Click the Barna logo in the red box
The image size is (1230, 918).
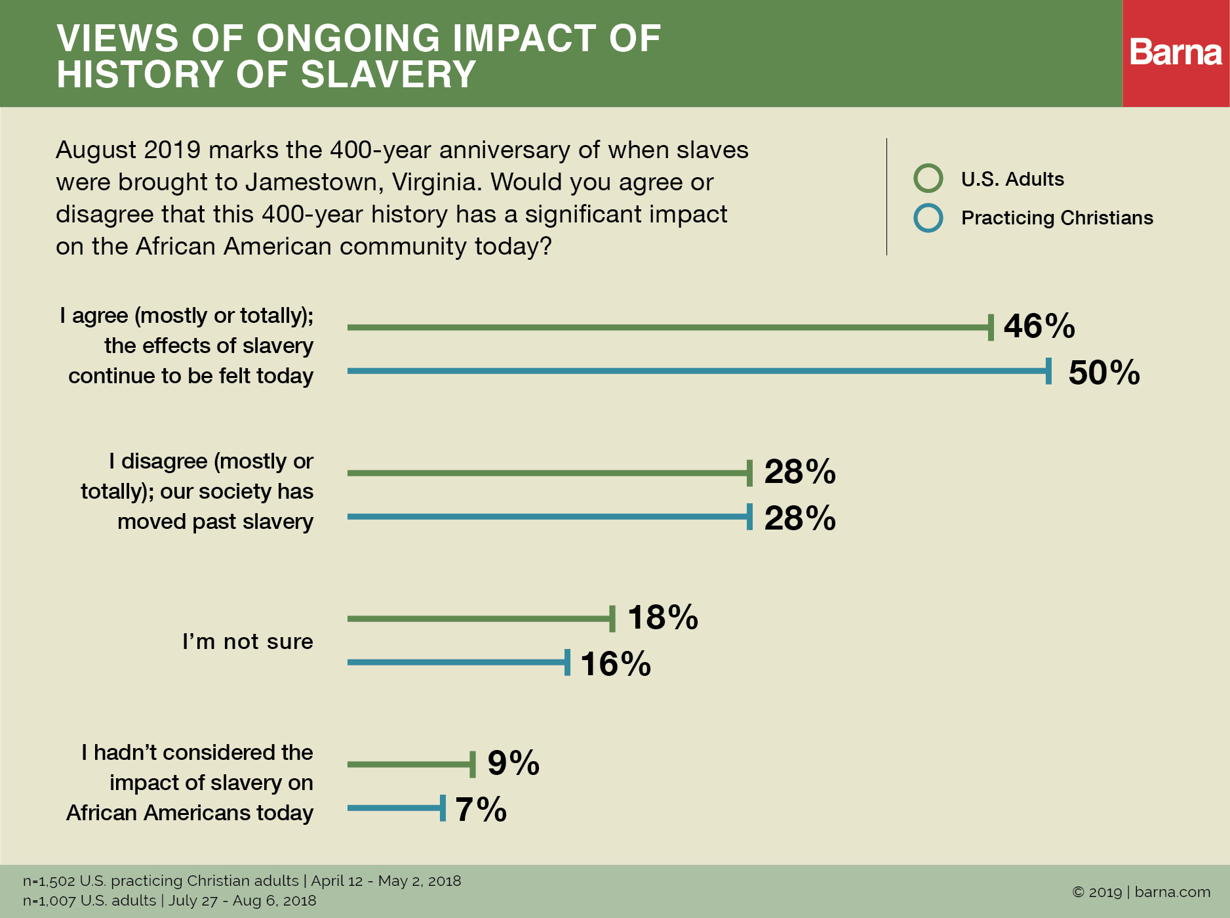click(x=1176, y=52)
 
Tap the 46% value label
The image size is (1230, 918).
click(x=1039, y=326)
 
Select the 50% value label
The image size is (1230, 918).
click(x=1103, y=373)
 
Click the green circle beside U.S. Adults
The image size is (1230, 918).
click(x=928, y=178)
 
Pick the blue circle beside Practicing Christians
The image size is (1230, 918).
click(x=928, y=218)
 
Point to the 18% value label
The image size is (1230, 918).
click(x=662, y=617)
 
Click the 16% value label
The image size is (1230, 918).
click(x=615, y=663)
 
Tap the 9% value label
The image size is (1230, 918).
click(x=513, y=763)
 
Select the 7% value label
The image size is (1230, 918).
click(x=481, y=809)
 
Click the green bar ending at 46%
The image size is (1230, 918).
click(x=669, y=327)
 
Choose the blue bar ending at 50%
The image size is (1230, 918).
click(x=698, y=371)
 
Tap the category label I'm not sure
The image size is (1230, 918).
click(x=247, y=641)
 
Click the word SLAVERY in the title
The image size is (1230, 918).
click(x=388, y=74)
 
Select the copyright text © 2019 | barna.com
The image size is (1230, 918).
click(x=1141, y=892)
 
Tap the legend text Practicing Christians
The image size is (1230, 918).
click(x=1056, y=218)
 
